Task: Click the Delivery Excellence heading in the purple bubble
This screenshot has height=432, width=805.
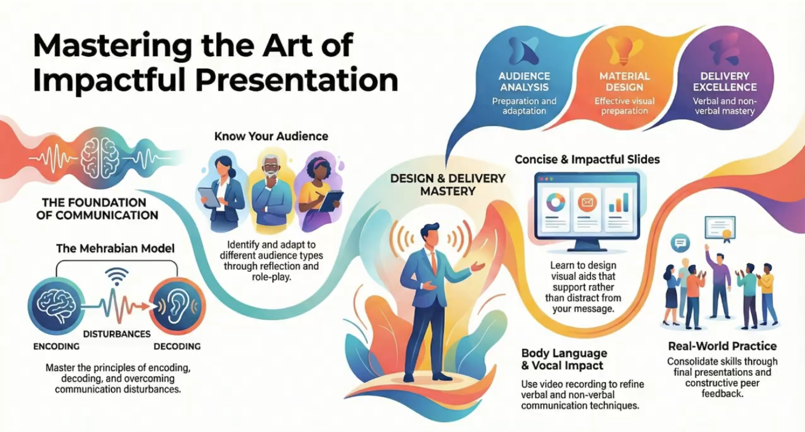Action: coord(724,82)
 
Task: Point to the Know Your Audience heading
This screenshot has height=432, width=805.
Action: coord(271,137)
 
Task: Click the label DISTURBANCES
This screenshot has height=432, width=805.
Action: coord(116,334)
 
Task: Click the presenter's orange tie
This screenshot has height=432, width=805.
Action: coord(433,263)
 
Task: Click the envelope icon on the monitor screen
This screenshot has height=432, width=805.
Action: coord(586,203)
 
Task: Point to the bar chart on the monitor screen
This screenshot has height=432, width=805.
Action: coord(618,203)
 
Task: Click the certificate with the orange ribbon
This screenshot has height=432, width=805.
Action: coord(720,228)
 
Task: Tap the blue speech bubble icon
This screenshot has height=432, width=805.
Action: coord(680,243)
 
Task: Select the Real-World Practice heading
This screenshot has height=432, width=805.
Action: coord(722,346)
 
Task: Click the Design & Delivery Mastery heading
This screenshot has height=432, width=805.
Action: coord(448,184)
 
